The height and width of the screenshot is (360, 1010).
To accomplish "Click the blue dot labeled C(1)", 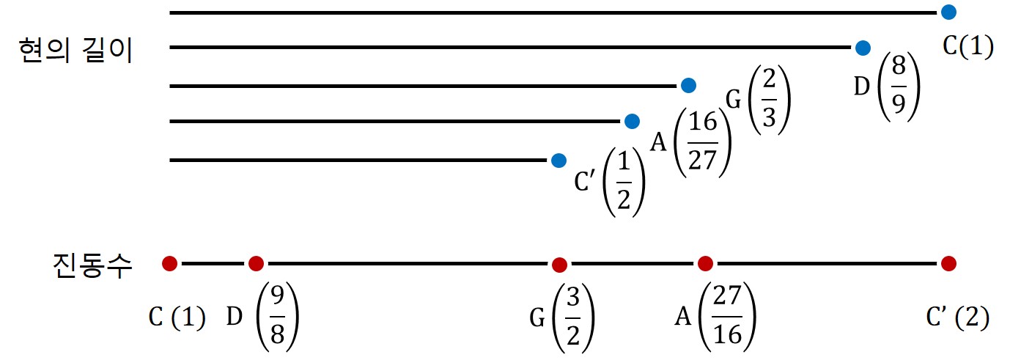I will click(948, 12).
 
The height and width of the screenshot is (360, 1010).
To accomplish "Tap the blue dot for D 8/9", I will click(863, 48).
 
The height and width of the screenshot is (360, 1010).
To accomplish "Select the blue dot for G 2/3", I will click(688, 86).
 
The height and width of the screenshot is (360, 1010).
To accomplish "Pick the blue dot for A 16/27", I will click(631, 121).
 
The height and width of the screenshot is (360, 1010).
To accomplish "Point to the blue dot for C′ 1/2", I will click(559, 160).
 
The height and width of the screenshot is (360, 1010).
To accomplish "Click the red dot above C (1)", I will click(169, 262).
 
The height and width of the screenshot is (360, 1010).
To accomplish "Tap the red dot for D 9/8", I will click(256, 262).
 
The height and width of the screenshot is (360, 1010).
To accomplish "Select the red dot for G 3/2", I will click(559, 264).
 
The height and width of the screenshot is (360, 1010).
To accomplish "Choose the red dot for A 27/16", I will click(705, 262).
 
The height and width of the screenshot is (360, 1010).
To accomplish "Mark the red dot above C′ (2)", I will click(948, 262).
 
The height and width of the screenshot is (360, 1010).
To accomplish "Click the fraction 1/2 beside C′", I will click(623, 182).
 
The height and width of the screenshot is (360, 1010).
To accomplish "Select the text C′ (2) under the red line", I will click(957, 318).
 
